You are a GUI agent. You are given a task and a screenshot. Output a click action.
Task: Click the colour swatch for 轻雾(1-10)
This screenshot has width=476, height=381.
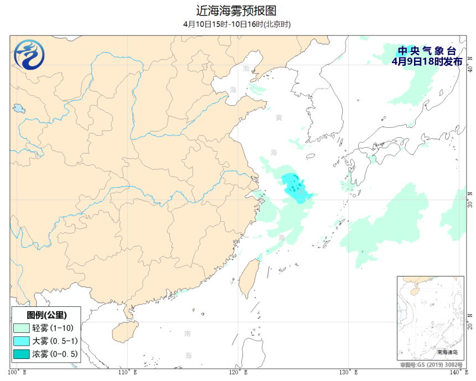point(21,328)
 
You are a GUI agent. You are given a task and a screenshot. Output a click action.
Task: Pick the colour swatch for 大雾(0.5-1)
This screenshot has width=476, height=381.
point(21,341)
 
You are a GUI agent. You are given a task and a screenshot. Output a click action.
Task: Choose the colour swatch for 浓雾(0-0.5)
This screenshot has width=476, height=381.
point(21,353)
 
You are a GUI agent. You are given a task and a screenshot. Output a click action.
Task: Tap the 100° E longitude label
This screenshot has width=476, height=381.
point(18,372)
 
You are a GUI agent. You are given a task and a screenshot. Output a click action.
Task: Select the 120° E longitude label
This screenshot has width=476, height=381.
point(239,372)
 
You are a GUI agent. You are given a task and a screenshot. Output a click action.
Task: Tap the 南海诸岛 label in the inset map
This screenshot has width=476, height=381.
point(447,352)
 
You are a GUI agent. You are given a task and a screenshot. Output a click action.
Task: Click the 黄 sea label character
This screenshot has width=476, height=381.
point(279,118)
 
